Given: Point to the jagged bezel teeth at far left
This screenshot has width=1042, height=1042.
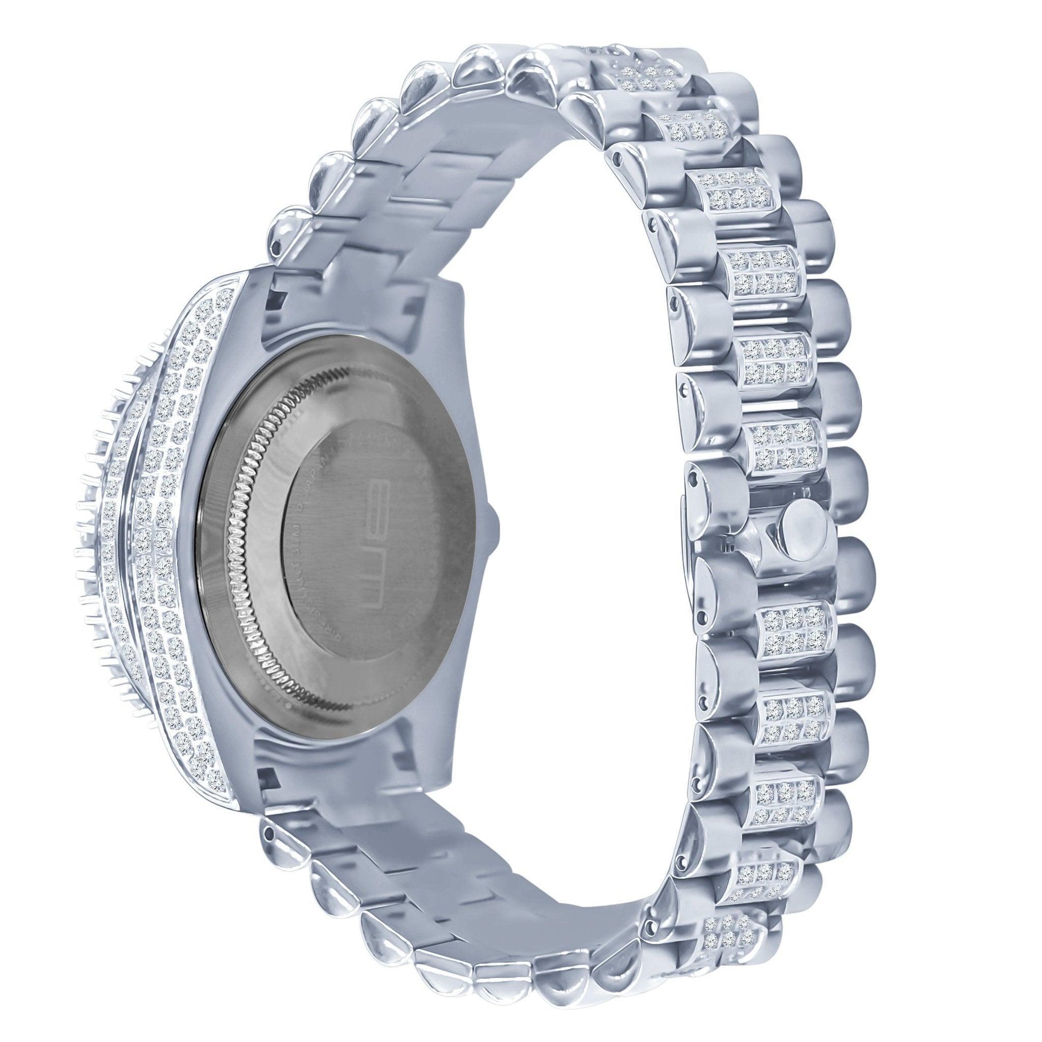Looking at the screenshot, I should tap(86, 539).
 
